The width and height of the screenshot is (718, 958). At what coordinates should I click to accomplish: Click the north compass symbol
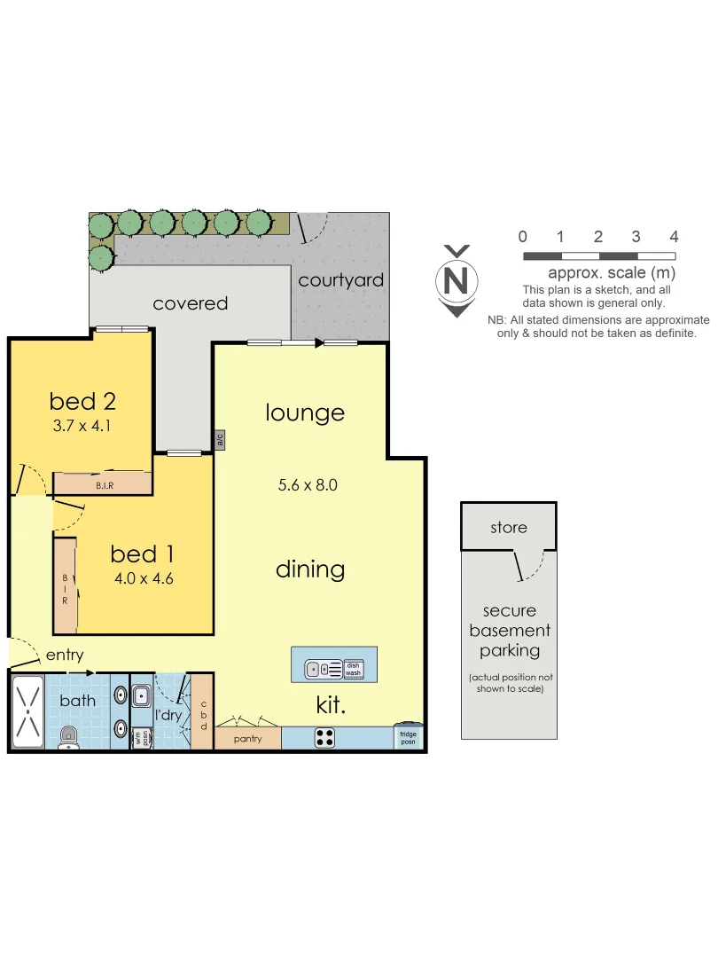click(x=457, y=280)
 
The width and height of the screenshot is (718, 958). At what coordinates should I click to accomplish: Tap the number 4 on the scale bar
click(x=674, y=237)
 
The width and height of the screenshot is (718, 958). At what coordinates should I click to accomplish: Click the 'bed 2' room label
click(x=82, y=401)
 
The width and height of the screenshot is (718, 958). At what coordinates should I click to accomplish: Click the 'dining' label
click(x=309, y=569)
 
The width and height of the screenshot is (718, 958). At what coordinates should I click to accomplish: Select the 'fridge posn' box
click(x=409, y=737)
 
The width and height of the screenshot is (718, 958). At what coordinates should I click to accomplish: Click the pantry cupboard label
click(x=247, y=738)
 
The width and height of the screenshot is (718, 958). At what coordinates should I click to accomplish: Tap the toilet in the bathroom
click(x=68, y=737)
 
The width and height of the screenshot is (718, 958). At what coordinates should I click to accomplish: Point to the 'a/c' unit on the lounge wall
click(x=218, y=440)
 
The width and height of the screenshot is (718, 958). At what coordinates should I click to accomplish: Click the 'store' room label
click(x=509, y=528)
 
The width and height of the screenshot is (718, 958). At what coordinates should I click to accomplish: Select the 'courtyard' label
click(x=341, y=280)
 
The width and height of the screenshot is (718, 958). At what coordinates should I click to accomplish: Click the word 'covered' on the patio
click(x=191, y=303)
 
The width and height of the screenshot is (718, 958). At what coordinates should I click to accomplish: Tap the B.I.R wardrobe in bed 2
click(x=102, y=483)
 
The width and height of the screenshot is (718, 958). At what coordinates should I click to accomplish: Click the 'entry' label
click(x=65, y=656)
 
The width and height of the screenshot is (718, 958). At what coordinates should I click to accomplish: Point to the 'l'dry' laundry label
click(x=168, y=714)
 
